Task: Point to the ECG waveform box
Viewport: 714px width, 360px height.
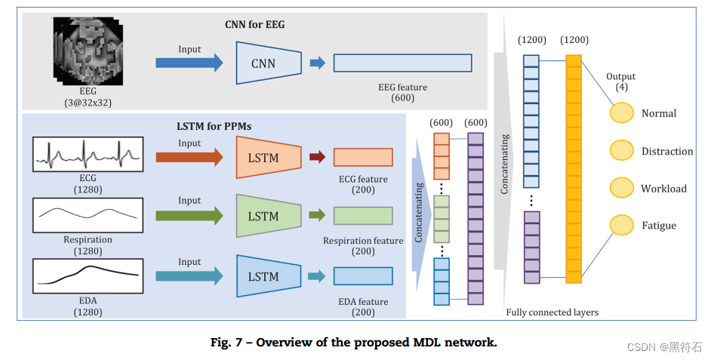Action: pos(88,153)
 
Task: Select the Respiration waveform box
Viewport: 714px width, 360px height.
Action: pos(88,215)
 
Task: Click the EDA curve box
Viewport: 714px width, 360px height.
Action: pos(88,275)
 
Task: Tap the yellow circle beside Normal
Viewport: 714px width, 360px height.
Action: pos(621,113)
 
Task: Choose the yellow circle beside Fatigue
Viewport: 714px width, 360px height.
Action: pos(621,225)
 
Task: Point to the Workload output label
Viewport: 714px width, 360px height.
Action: pos(663,189)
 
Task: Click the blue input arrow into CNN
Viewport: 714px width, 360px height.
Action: pos(189,63)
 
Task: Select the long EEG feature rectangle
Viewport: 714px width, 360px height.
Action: pos(402,63)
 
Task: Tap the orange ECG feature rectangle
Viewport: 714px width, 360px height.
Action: pos(363,157)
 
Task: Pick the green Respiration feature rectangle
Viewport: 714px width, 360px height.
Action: pos(363,216)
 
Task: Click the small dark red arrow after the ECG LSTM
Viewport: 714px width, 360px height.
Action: pos(317,157)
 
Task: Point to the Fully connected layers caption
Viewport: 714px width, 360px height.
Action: pos(552,312)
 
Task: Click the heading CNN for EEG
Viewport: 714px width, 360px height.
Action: pos(255,25)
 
